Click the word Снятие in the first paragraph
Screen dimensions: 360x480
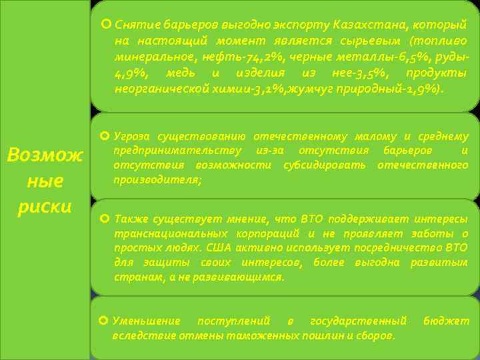click(x=133, y=25)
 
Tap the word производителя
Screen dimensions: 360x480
click(x=157, y=180)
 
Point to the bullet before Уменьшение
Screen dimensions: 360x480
click(x=104, y=321)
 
